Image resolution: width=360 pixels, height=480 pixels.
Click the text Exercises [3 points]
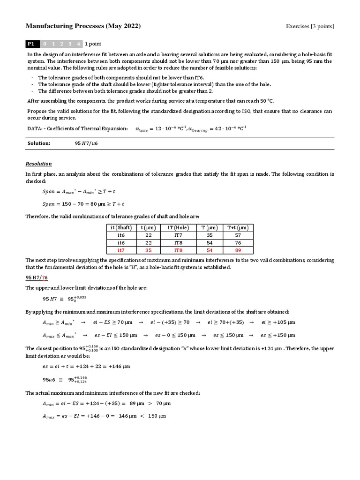click(x=310, y=26)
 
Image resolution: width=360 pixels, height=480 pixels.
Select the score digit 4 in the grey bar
click(x=78, y=44)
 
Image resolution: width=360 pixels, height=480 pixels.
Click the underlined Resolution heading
click(x=38, y=164)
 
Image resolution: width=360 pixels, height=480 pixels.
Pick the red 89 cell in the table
click(x=238, y=250)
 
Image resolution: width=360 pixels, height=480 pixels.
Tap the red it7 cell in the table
click(x=120, y=250)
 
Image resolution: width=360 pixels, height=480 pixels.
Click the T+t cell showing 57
click(x=238, y=235)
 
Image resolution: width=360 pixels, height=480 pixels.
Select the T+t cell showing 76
click(x=238, y=243)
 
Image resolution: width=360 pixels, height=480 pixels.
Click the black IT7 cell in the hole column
click(x=174, y=235)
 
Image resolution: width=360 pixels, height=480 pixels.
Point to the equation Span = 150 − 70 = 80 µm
click(x=83, y=204)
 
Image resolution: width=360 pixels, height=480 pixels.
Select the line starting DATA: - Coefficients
click(x=77, y=128)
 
